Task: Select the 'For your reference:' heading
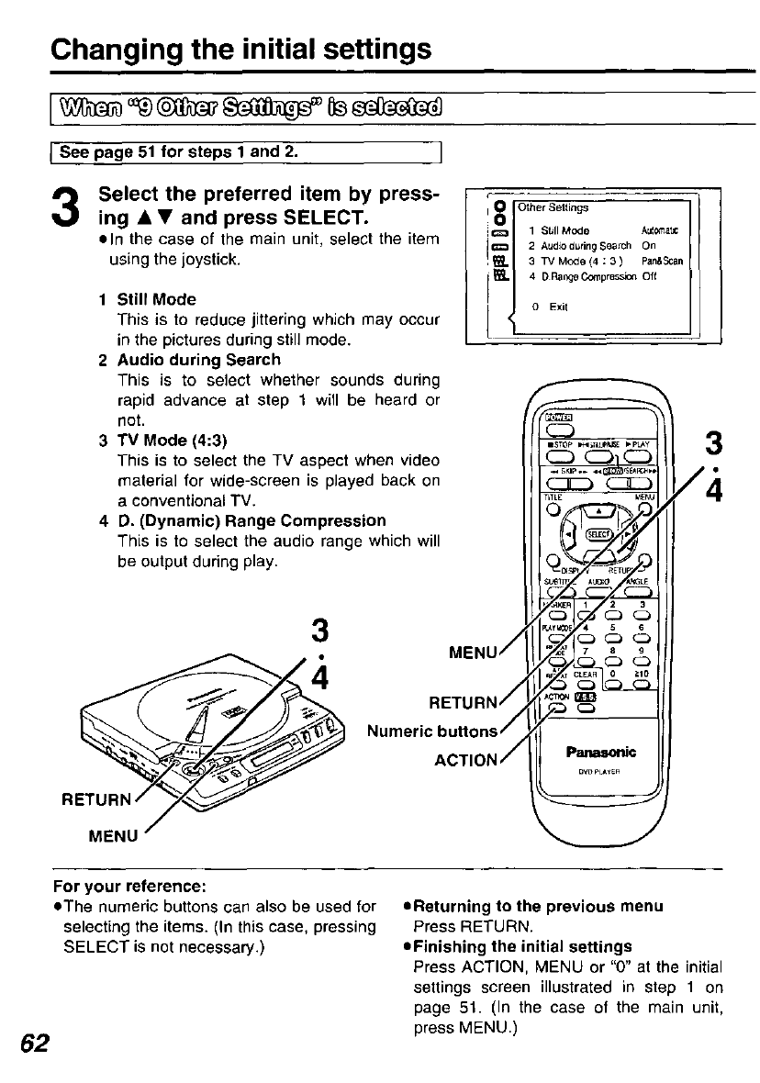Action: (x=129, y=887)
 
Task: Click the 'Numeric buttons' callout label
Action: (x=432, y=731)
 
